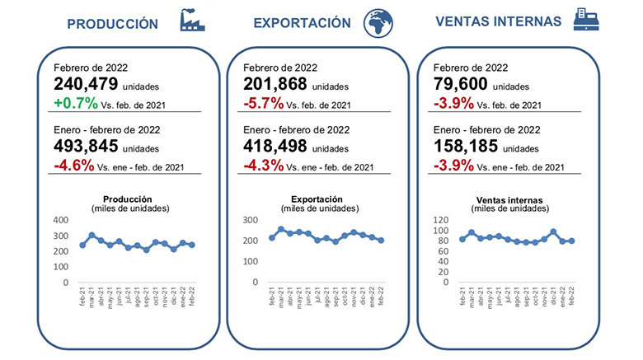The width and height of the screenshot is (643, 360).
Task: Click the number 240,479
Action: coord(86,83)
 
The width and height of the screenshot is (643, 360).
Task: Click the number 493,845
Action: coord(86,147)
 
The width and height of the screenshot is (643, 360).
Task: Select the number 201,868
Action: coord(275,83)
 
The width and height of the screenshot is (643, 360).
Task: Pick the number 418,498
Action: coord(275,147)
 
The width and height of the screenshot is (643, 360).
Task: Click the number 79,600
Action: coord(458,83)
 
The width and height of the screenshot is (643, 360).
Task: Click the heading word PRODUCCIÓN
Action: coord(112,24)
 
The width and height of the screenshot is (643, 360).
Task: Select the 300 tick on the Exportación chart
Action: coord(252,221)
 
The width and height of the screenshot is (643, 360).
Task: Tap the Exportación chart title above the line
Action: coord(317,199)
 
